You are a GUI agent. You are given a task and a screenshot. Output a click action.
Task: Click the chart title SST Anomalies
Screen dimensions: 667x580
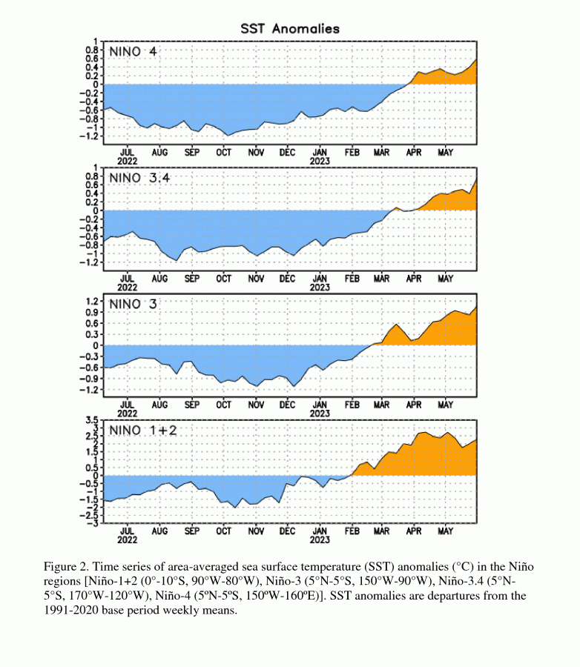tap(290, 29)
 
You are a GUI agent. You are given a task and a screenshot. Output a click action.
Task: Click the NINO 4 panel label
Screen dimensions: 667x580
tap(134, 53)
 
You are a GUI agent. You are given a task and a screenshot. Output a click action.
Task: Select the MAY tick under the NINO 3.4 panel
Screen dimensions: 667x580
tap(445, 279)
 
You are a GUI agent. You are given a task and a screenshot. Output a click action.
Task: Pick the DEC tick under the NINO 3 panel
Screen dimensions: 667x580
tap(287, 405)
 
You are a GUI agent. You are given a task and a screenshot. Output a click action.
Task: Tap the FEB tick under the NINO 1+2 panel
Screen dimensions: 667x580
tap(352, 531)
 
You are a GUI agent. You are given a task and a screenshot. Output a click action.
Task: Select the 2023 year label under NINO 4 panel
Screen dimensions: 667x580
tap(320, 162)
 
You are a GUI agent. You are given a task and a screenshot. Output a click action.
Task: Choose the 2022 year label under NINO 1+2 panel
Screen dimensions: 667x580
tap(128, 540)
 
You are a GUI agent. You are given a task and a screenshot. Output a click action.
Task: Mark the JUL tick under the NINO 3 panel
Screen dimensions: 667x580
tap(128, 405)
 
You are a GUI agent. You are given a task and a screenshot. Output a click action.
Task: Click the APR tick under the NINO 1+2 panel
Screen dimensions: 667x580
tap(413, 531)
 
